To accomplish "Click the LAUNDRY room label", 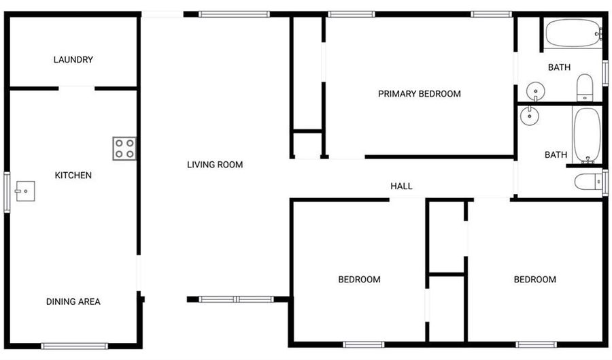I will point(73,60).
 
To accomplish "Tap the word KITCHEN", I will point(73,176).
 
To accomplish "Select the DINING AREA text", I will point(73,301).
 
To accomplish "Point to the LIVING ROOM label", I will point(215,165).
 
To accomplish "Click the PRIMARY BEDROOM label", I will point(419,94).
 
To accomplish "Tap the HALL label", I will point(401,186).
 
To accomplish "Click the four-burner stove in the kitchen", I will point(124,148).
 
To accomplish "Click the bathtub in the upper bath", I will point(573,33).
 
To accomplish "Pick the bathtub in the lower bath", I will point(585,134).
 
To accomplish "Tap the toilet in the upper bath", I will point(585,88).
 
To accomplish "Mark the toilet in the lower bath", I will point(587,182).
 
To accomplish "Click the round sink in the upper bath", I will point(536,91).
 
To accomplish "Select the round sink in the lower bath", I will point(530,116).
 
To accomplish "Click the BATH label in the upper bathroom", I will point(559,67).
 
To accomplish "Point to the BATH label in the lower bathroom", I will point(556,155).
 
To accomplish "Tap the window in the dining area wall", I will point(74,346).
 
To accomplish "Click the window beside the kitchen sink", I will point(7,193).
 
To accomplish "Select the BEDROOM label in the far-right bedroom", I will point(534,280).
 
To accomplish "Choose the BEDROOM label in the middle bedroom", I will point(359,280).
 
